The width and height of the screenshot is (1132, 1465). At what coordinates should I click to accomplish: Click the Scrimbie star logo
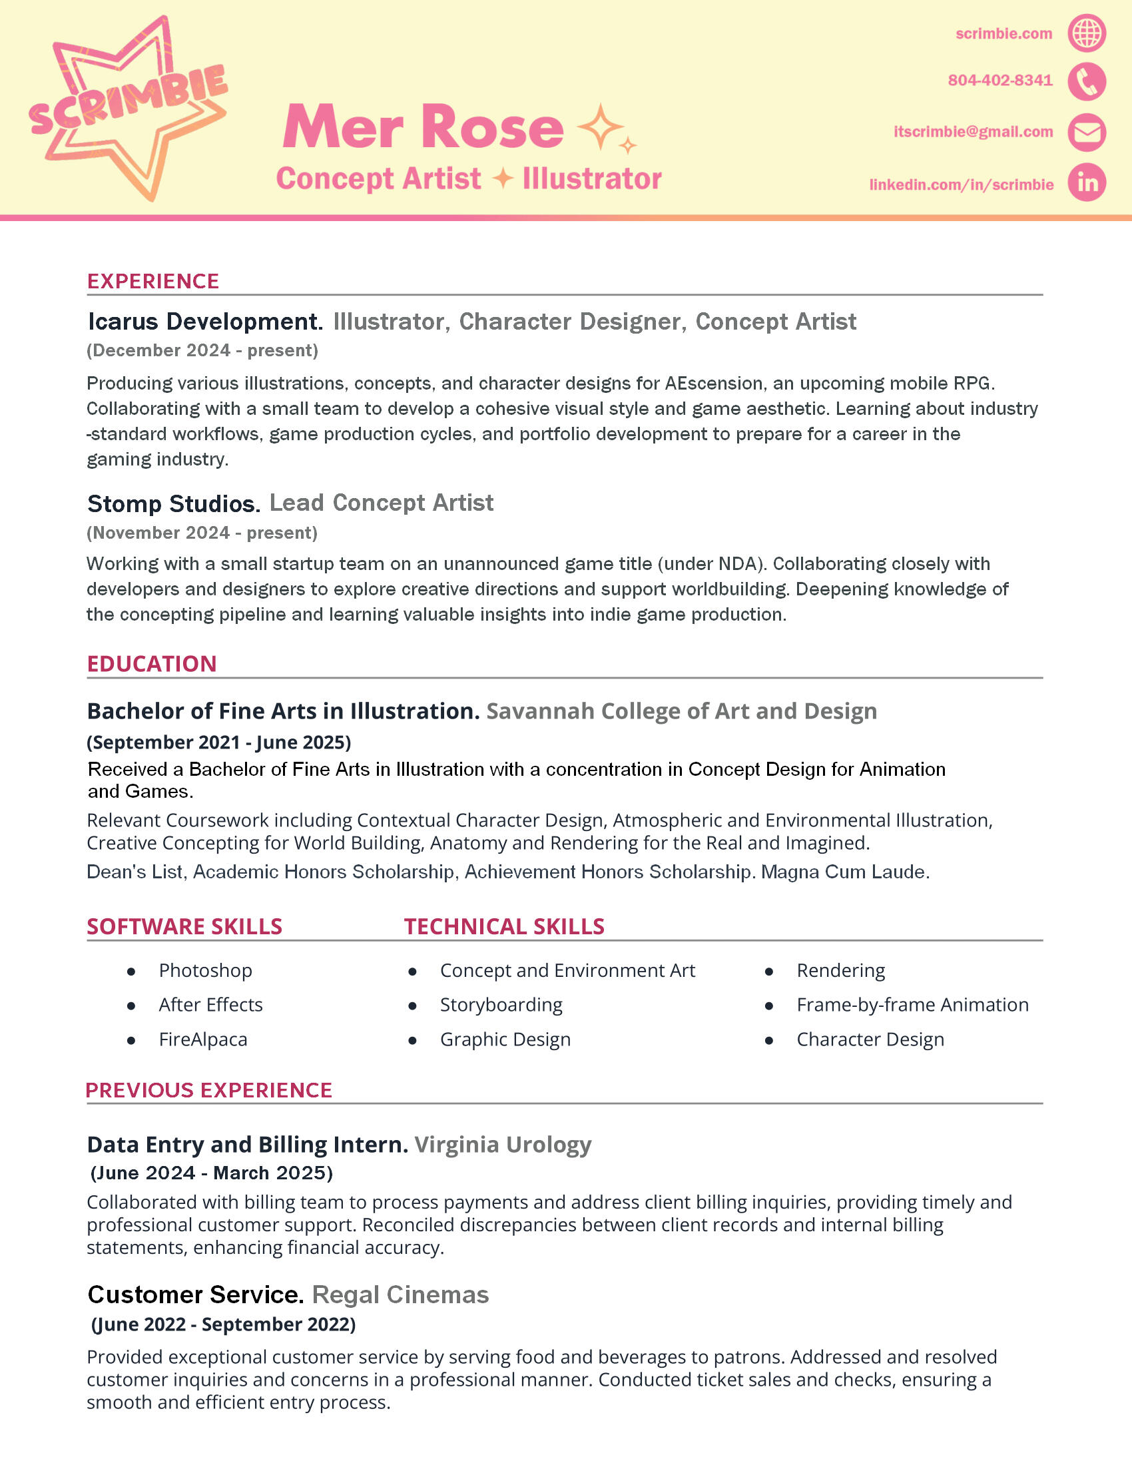coord(127,107)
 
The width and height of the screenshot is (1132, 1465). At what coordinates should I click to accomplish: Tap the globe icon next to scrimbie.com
coord(1087,33)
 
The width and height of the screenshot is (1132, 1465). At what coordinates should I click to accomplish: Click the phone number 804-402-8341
coord(1000,81)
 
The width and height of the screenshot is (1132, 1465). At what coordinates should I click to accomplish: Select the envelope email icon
coord(1087,132)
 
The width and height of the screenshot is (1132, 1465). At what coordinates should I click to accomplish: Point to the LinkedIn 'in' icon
coord(1087,182)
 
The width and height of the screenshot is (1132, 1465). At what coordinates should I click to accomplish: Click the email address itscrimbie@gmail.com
coord(973,132)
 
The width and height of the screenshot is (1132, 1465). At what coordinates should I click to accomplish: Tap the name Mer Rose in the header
coord(423,127)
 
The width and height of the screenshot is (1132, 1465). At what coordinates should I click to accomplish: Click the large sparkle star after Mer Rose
coord(600,127)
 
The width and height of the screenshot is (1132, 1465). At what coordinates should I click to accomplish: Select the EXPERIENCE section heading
coord(153,281)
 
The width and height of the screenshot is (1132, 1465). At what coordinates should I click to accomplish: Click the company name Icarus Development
coord(205,322)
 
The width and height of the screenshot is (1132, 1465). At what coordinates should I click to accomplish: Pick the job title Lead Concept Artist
coord(381,503)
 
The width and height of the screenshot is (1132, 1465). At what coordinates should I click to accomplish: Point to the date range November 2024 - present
coord(202,533)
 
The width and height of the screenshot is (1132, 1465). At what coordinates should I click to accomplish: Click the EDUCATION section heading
coord(152,663)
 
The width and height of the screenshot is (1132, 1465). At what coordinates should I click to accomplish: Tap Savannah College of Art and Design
coord(681,711)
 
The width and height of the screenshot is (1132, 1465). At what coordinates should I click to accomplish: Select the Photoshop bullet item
coord(205,970)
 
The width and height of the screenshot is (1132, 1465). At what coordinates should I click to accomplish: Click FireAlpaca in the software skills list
coord(202,1039)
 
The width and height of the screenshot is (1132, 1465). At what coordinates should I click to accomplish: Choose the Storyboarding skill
coord(501,1005)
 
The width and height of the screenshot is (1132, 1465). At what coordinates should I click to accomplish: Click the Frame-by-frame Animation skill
coord(912,1005)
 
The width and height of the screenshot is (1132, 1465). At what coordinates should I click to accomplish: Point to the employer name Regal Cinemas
coord(400,1295)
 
